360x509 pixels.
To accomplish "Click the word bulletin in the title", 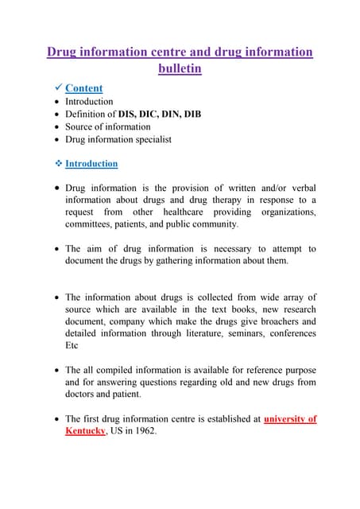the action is point(180,68).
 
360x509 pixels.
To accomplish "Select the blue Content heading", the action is point(83,88).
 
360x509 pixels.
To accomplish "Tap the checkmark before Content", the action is point(54,88).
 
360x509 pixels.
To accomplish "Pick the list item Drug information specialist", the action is point(118,139).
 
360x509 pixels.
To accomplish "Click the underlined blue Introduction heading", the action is point(91,164).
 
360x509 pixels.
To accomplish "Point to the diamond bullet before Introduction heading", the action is point(55,164).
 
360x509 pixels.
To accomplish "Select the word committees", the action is point(91,225).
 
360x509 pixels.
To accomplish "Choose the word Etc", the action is point(73,347).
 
